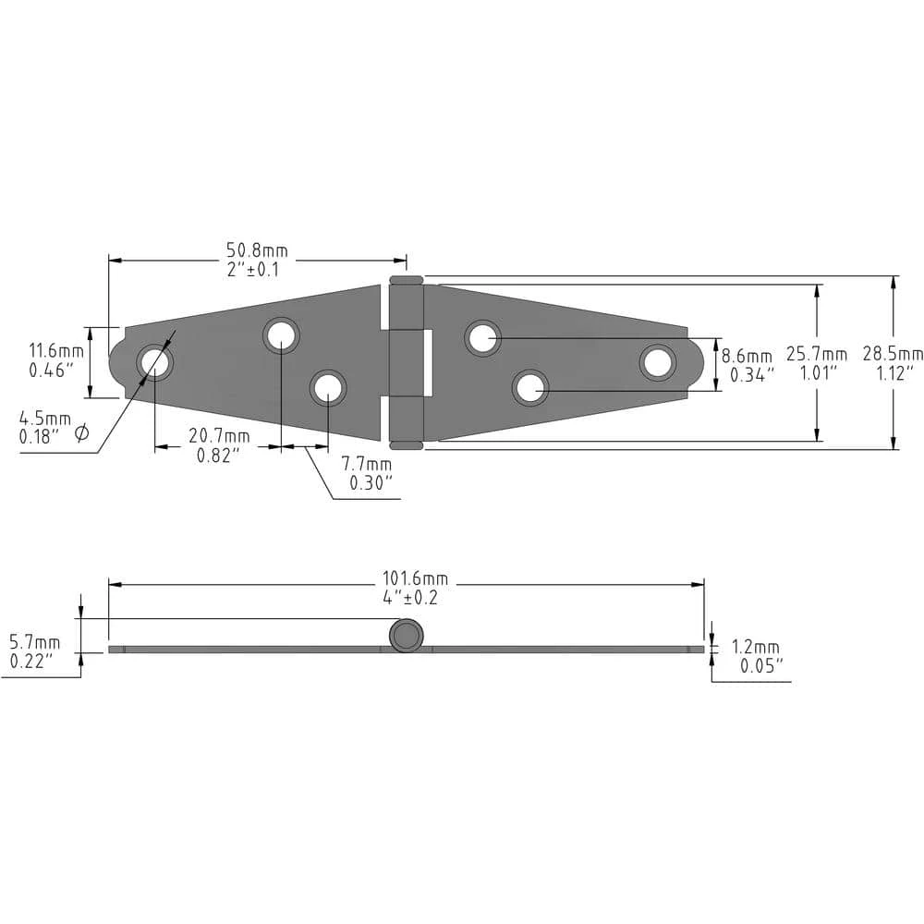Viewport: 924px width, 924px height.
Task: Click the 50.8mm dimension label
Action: coord(258,250)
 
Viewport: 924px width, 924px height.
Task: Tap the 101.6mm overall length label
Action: coord(416,578)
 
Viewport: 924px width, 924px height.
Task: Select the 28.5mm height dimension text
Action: coord(893,354)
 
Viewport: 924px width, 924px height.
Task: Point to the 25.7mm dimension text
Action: coord(817,354)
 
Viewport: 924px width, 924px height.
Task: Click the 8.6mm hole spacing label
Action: coord(747,357)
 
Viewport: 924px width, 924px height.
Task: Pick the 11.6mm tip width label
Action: coord(56,351)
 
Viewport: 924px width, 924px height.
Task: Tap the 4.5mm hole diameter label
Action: coord(45,419)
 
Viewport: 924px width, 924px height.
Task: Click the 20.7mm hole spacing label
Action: coord(219,436)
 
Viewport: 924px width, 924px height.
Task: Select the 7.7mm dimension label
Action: coord(367,464)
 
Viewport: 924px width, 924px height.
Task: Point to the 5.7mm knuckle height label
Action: coord(35,642)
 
